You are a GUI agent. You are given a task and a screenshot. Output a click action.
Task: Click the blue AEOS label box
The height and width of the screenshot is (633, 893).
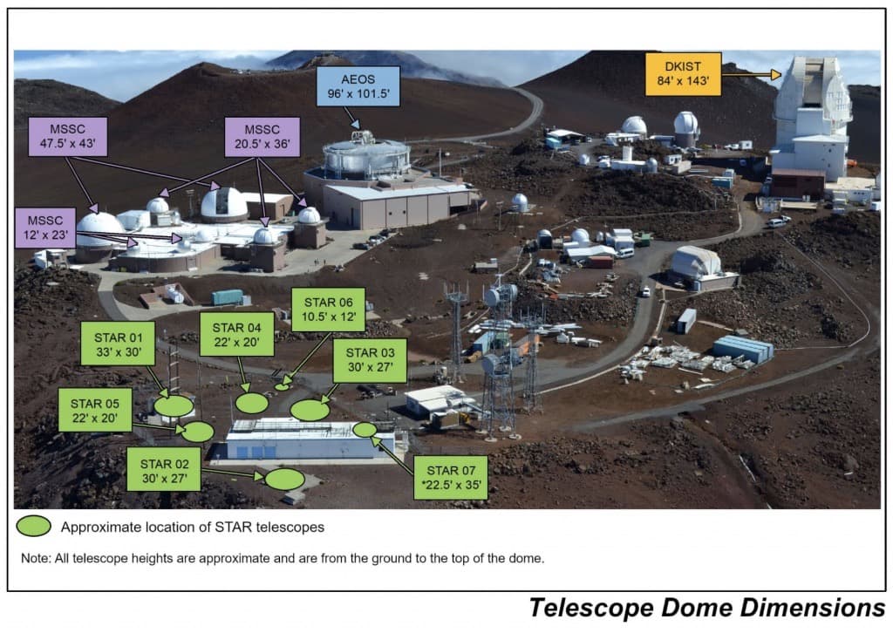365,85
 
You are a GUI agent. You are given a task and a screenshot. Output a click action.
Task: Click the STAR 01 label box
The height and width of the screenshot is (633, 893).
117,344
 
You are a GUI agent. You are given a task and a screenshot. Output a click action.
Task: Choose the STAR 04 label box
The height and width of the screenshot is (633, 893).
237,334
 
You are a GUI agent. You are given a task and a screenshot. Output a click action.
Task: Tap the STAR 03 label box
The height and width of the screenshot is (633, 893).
370,360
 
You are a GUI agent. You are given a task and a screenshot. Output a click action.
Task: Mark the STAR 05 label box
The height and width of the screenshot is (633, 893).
95,410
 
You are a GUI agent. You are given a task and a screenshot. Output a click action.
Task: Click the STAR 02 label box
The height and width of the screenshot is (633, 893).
163,470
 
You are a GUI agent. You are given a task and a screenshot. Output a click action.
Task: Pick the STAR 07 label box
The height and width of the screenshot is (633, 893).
450,477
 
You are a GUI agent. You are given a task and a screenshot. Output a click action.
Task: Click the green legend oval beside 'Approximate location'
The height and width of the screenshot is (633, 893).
34,527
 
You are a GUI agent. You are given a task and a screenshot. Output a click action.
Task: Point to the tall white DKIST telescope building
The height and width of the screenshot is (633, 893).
810,118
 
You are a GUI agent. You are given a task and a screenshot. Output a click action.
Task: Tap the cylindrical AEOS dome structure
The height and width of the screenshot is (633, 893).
366,158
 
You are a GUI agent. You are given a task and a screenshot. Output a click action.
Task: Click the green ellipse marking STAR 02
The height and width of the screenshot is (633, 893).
285,479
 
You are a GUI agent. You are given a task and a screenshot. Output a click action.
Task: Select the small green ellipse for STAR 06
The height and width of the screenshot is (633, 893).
282,386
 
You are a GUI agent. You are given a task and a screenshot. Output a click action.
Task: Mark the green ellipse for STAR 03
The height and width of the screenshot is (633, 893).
310,410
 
